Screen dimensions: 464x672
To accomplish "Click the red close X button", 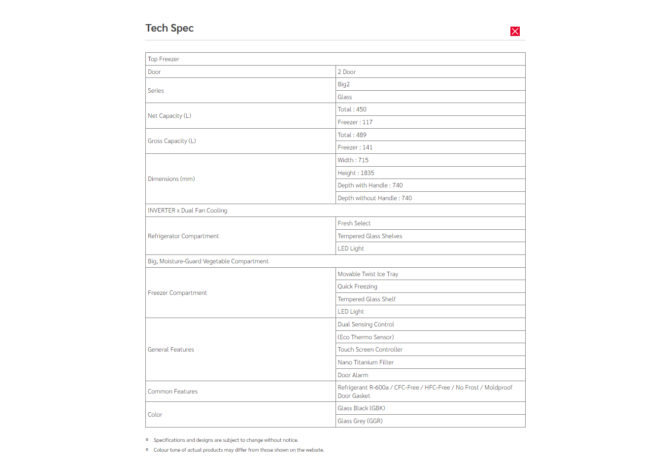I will pyautogui.click(x=515, y=32).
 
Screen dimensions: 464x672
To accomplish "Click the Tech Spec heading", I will pyautogui.click(x=169, y=28).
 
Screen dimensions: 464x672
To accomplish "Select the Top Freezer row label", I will pyautogui.click(x=164, y=59).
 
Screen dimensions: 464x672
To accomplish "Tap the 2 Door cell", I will pyautogui.click(x=347, y=72).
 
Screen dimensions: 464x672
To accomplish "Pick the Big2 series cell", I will pyautogui.click(x=344, y=84).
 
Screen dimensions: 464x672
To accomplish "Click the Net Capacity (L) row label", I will pyautogui.click(x=169, y=116).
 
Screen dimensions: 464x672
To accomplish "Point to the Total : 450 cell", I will pyautogui.click(x=352, y=109).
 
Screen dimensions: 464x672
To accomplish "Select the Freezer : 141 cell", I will pyautogui.click(x=355, y=147).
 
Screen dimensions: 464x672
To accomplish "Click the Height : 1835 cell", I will pyautogui.click(x=356, y=173).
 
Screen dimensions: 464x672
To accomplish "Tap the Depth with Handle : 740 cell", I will pyautogui.click(x=370, y=185).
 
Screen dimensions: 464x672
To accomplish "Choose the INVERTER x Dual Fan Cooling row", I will pyautogui.click(x=188, y=211).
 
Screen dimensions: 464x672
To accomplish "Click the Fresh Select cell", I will pyautogui.click(x=354, y=223).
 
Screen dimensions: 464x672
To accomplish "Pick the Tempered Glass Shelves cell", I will pyautogui.click(x=370, y=236).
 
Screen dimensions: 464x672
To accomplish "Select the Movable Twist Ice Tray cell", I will pyautogui.click(x=368, y=274).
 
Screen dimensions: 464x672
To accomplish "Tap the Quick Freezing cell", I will pyautogui.click(x=358, y=286).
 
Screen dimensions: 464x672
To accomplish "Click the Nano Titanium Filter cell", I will pyautogui.click(x=366, y=362).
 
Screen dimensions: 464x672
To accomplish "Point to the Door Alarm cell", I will pyautogui.click(x=353, y=375).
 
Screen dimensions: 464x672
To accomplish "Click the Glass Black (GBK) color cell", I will pyautogui.click(x=362, y=408).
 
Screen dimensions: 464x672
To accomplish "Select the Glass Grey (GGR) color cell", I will pyautogui.click(x=360, y=421).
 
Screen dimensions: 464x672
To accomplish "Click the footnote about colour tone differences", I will pyautogui.click(x=239, y=450).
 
